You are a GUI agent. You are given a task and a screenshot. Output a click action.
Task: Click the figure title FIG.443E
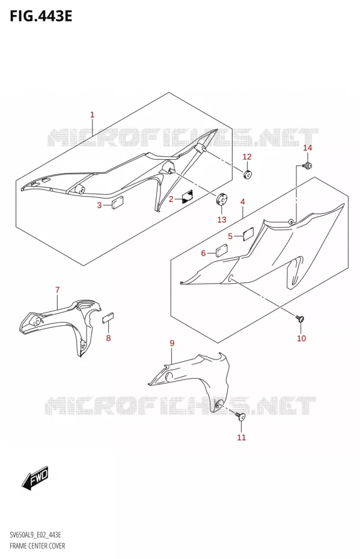41,16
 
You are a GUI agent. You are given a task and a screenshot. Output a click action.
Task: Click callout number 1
92,114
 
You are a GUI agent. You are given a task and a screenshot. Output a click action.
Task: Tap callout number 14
307,148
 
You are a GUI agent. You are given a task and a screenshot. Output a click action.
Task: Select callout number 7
58,290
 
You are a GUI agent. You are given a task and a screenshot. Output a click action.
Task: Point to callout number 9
172,343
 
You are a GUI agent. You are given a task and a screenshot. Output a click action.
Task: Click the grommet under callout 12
247,174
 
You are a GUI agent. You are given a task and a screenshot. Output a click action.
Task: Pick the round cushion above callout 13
222,199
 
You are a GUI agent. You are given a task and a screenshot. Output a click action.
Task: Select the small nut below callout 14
307,165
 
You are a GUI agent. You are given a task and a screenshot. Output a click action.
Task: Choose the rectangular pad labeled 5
248,234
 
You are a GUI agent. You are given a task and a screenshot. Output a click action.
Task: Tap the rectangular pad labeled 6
222,250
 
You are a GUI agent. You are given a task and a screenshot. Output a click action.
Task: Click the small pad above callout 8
108,317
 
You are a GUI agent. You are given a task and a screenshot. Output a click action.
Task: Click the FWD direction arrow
35,477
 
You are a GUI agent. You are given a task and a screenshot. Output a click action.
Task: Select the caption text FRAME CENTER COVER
37,546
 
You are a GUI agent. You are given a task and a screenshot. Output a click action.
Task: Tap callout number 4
243,202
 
